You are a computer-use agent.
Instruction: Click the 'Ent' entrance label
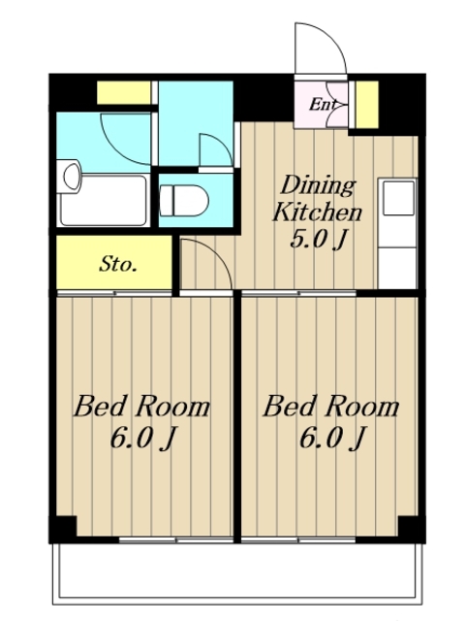(323, 104)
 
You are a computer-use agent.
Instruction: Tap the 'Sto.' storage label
(118, 264)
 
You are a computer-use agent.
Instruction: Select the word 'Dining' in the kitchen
(319, 185)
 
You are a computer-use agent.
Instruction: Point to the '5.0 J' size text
(319, 240)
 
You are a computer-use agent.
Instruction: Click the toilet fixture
(184, 201)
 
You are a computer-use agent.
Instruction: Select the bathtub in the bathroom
(104, 201)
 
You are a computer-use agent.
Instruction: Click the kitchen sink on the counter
(398, 198)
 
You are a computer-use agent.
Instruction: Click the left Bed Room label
(141, 408)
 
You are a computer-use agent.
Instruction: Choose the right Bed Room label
(330, 408)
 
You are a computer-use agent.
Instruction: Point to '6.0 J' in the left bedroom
(142, 439)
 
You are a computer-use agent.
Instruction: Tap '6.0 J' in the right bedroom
(331, 439)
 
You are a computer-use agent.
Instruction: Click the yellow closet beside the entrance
(367, 105)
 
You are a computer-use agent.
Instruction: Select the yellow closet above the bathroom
(124, 93)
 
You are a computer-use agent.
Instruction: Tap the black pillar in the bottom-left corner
(63, 529)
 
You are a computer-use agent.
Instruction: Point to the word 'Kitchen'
(317, 212)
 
